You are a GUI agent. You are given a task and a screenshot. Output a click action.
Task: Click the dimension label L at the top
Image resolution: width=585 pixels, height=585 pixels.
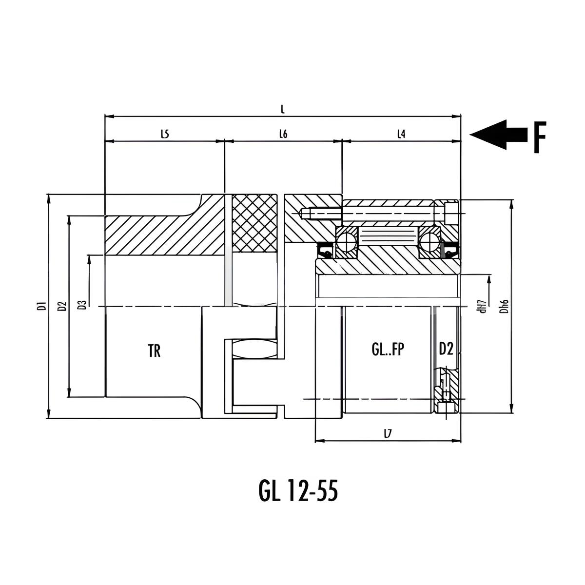click(283, 109)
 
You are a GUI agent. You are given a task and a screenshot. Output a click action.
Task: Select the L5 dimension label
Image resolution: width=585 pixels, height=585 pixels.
click(165, 134)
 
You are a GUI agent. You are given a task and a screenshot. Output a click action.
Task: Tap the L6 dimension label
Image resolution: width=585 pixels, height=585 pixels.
click(283, 134)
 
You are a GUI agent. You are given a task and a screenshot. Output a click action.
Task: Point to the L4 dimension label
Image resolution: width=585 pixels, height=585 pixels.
click(401, 134)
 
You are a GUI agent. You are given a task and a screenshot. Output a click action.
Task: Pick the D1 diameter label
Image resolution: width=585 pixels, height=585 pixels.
click(44, 306)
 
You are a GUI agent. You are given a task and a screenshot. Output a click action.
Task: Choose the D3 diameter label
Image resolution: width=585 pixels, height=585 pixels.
click(82, 305)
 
